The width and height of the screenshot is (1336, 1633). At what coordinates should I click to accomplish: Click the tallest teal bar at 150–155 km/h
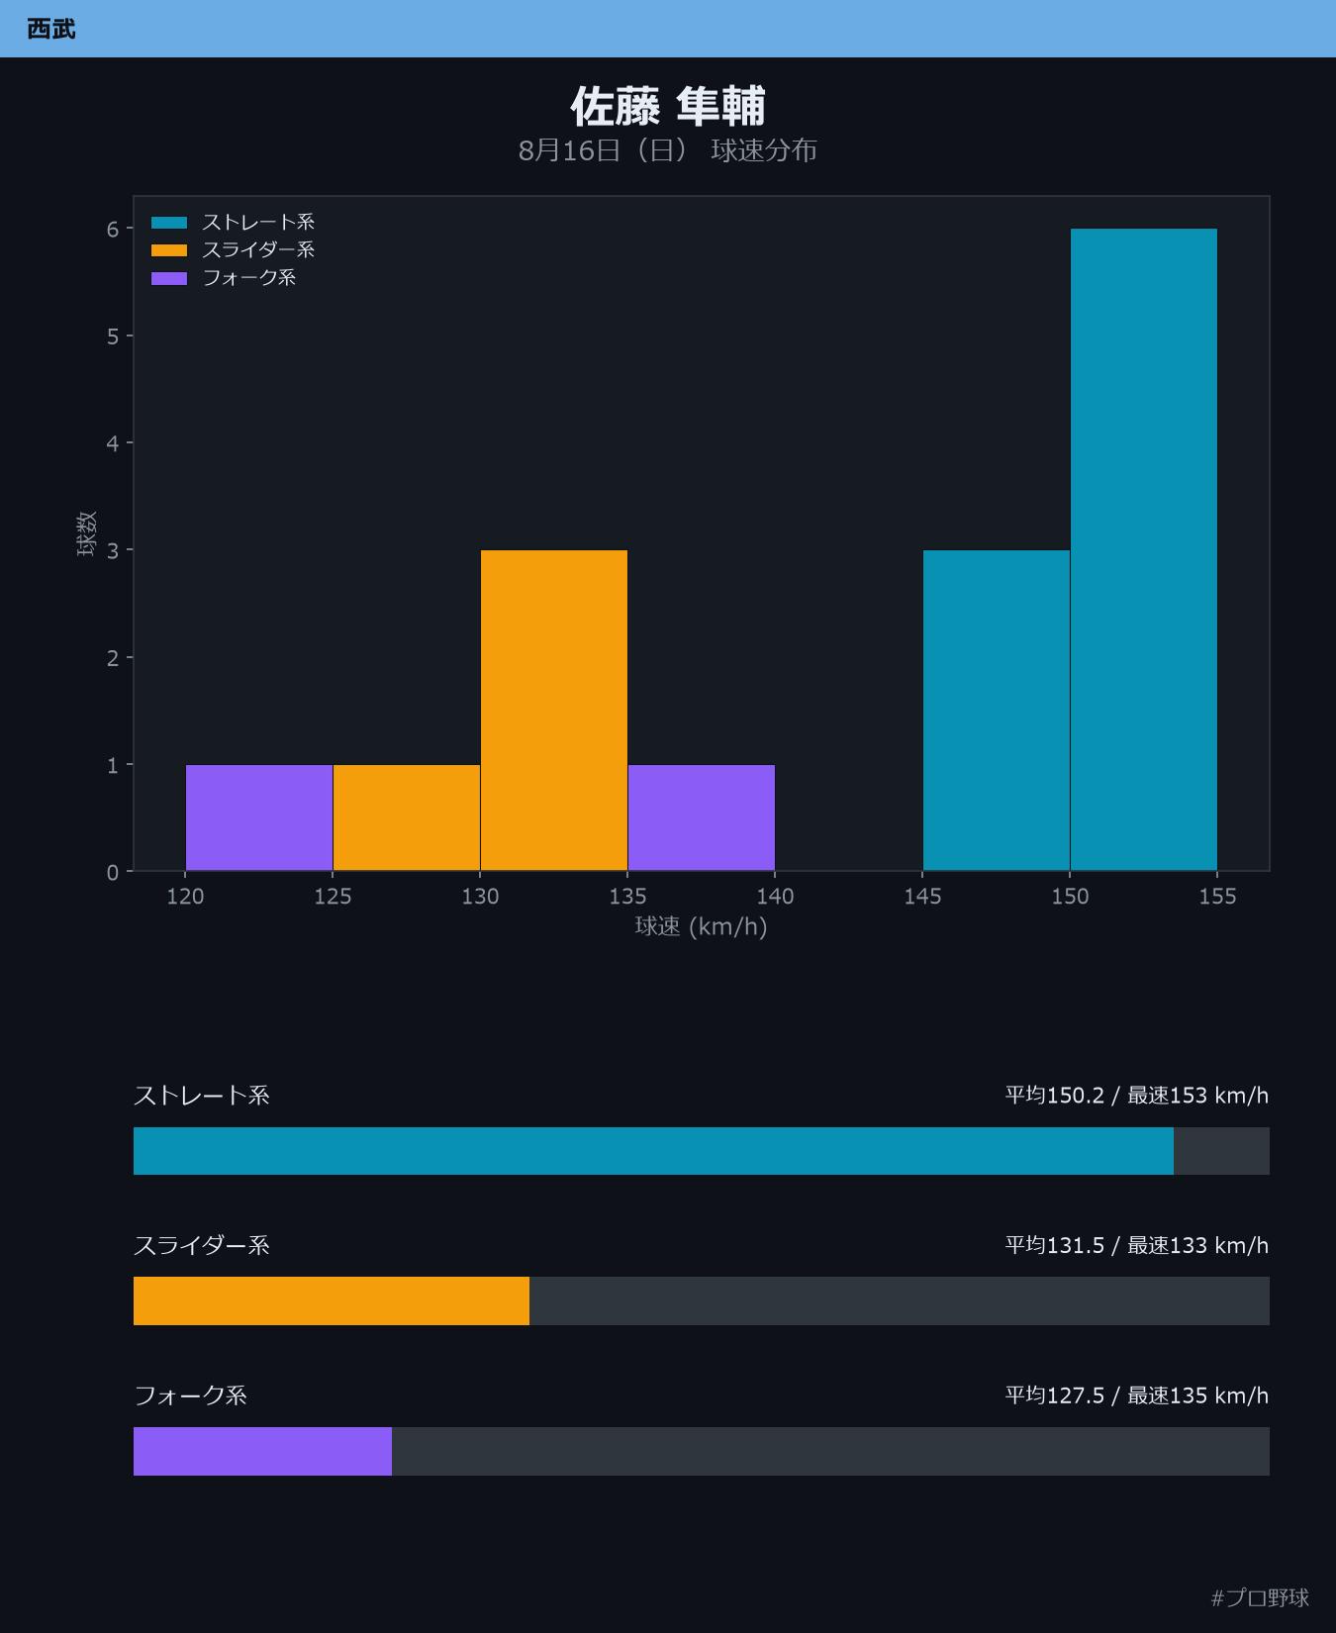tap(1143, 549)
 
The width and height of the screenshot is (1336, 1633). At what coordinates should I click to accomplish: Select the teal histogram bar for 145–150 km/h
tap(996, 710)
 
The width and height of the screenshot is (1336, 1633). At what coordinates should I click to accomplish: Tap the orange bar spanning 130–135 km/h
tap(553, 710)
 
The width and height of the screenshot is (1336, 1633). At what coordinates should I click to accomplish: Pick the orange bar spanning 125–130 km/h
tap(406, 817)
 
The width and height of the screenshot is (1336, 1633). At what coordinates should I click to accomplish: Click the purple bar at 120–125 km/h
tap(259, 817)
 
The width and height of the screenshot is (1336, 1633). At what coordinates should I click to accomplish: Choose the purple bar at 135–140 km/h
tap(701, 817)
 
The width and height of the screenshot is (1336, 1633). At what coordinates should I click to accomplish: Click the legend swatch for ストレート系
tap(169, 223)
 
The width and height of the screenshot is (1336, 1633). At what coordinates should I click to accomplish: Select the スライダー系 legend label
tap(258, 250)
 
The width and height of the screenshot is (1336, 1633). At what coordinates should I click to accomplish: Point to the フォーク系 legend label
tap(249, 278)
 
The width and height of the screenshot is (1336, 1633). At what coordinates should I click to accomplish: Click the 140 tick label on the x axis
tap(775, 897)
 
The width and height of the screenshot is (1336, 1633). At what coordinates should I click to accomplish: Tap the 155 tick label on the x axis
tap(1217, 897)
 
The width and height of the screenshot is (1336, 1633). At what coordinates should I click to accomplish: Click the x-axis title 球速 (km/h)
tap(701, 927)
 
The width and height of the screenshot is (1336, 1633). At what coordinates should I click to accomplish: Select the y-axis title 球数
tap(87, 533)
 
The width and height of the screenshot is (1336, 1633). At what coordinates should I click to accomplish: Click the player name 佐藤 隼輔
tap(668, 106)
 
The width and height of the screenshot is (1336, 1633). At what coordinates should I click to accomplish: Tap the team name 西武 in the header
tap(51, 29)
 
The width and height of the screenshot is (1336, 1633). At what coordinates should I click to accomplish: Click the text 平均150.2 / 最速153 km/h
tap(1137, 1096)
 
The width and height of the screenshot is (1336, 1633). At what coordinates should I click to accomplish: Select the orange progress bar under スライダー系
tap(332, 1300)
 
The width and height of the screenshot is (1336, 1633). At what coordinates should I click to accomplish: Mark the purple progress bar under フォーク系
tap(262, 1451)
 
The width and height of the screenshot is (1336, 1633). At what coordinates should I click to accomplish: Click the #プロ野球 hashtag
tap(1260, 1597)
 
